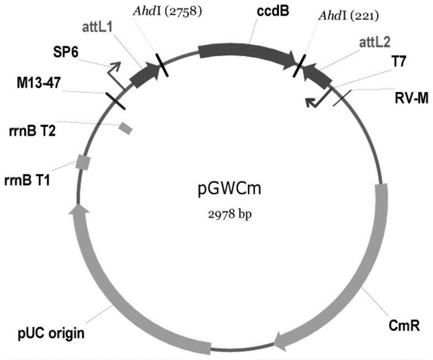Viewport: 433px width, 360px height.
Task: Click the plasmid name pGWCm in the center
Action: point(229,190)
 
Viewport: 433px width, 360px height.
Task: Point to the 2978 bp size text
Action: point(230,215)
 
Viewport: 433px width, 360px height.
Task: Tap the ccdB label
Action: point(273,11)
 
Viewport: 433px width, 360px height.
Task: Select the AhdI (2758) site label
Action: point(168,12)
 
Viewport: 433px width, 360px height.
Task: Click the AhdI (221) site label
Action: point(349,16)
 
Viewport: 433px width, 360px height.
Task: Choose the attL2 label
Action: point(375,43)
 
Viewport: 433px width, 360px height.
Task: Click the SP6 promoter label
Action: point(65,52)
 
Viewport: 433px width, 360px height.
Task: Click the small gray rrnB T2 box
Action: point(126,128)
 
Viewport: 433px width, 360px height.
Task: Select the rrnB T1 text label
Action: point(27,181)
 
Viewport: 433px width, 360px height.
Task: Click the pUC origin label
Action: point(52,333)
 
